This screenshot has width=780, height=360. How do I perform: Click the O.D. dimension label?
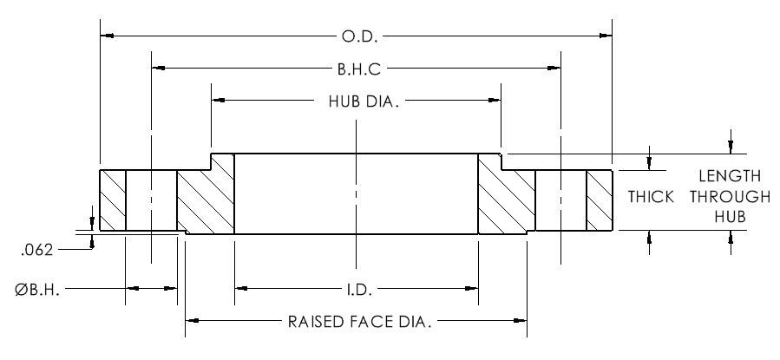pyautogui.click(x=357, y=36)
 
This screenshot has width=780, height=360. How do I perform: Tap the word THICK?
pyautogui.click(x=651, y=198)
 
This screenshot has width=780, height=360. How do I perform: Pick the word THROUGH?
pyautogui.click(x=718, y=198)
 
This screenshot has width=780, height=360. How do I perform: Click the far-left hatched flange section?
pyautogui.click(x=113, y=200)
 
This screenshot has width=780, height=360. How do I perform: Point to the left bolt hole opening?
pyautogui.click(x=151, y=200)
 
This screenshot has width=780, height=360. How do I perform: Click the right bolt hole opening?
pyautogui.click(x=560, y=200)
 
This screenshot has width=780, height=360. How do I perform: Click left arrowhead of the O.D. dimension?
pyautogui.click(x=108, y=36)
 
